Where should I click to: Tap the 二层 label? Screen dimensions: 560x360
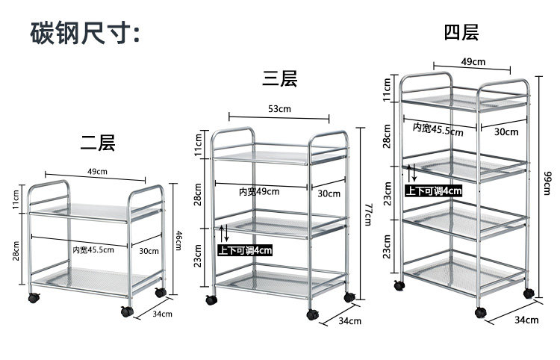pos(99,142)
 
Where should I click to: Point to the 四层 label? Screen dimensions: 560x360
pos(461,32)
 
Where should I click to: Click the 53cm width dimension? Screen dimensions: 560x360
pos(279,109)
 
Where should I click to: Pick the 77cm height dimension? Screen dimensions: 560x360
pos(367,214)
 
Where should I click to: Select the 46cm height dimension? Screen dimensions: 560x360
pos(178,239)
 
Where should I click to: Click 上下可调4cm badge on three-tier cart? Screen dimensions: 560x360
pos(244,250)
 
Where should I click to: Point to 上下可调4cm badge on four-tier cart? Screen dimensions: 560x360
pos(434,190)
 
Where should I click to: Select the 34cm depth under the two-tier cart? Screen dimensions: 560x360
pos(163,314)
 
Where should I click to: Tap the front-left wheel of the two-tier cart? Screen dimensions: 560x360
pos(32,298)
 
